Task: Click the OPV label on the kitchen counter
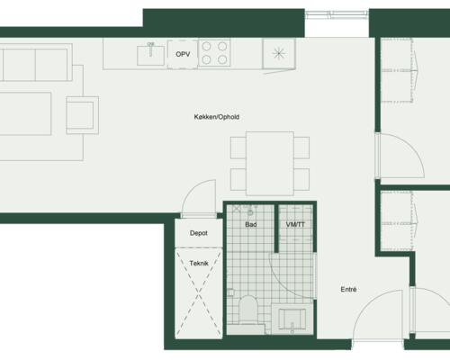(x=183, y=54)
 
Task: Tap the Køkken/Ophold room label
(x=217, y=117)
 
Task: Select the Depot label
(x=199, y=233)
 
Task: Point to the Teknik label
(x=199, y=264)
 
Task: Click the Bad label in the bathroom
(x=251, y=224)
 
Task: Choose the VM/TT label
(x=295, y=224)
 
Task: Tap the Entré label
(x=348, y=290)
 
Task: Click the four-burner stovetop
(x=214, y=53)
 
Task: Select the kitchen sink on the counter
(x=150, y=55)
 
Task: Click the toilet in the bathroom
(x=248, y=310)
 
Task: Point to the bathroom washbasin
(x=292, y=319)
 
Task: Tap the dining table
(x=270, y=163)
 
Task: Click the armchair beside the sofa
(x=83, y=115)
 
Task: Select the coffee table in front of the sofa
(x=24, y=113)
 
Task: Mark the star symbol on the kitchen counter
(x=279, y=54)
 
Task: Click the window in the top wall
(x=337, y=14)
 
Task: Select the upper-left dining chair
(x=238, y=148)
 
